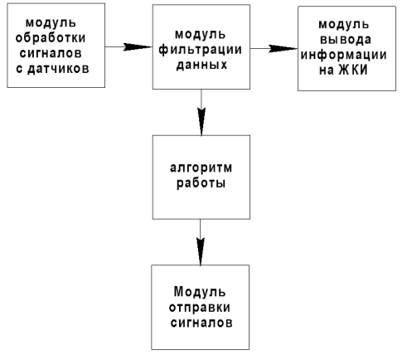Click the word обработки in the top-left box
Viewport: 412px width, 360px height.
click(51, 38)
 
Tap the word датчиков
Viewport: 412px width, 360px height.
click(58, 69)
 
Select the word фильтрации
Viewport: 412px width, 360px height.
click(201, 50)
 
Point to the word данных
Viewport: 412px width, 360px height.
click(201, 66)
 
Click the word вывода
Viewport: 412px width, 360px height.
click(346, 40)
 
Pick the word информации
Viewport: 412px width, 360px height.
click(343, 55)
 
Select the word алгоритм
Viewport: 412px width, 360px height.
click(201, 168)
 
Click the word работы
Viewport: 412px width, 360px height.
click(201, 183)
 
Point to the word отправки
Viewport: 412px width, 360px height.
click(200, 308)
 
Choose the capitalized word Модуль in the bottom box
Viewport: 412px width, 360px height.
click(200, 292)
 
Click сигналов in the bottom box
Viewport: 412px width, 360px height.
click(201, 323)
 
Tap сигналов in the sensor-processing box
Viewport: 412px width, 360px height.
click(51, 53)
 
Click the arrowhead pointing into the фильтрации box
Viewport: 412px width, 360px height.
click(138, 47)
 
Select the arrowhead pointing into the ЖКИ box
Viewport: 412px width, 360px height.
click(284, 49)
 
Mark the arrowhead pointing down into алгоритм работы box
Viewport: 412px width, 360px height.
click(201, 122)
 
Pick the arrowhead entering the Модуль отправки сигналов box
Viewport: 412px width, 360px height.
click(201, 252)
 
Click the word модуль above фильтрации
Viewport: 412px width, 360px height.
click(201, 35)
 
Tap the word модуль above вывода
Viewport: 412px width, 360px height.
click(344, 25)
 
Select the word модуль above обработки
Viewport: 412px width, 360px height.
click(51, 23)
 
